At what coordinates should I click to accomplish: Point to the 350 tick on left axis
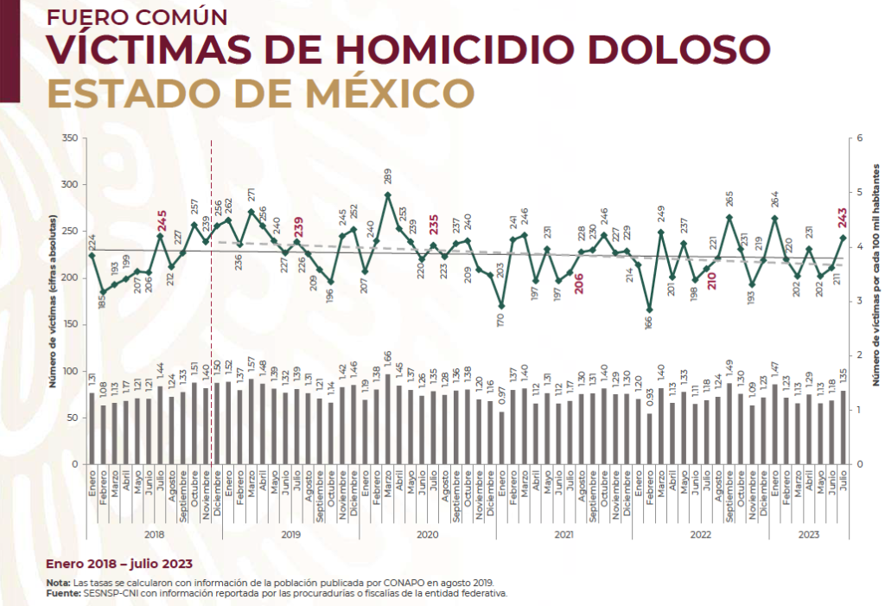click(71, 138)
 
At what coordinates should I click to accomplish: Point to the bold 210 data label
click(711, 280)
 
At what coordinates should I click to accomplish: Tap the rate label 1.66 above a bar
click(388, 356)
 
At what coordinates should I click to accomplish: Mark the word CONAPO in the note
click(367, 584)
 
